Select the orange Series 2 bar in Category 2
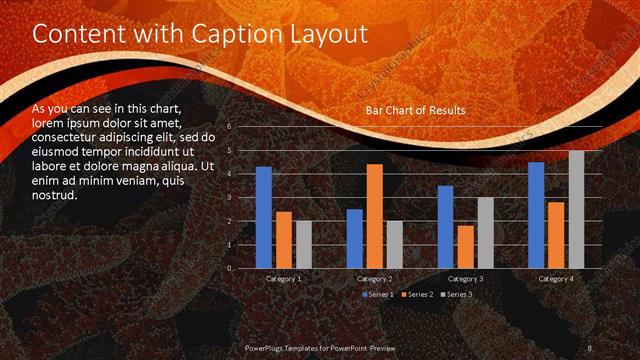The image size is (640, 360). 374,216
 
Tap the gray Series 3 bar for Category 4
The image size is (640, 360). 576,209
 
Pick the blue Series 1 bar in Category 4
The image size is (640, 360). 536,215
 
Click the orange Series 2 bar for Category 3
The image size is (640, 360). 465,247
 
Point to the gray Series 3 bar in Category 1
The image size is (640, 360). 304,244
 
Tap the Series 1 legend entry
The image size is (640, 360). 380,294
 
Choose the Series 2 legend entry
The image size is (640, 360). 418,294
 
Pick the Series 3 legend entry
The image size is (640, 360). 455,294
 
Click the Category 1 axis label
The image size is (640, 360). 284,278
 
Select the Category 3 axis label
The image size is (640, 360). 465,278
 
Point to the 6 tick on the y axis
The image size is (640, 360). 229,127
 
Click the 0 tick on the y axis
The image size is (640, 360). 229,268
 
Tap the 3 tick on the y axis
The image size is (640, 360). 229,198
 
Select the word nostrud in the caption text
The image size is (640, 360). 54,195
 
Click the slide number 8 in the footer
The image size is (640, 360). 591,346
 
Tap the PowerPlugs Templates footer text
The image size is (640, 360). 329,346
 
